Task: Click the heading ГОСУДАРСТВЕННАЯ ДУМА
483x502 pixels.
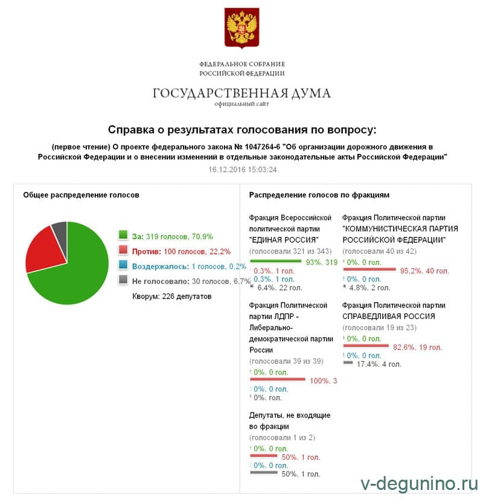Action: click(241, 93)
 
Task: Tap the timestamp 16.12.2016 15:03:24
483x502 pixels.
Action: click(242, 169)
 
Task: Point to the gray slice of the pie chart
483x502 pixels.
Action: click(60, 230)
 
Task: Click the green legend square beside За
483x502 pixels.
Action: click(123, 236)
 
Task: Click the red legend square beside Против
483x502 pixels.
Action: click(123, 251)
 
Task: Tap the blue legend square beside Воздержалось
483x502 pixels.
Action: click(123, 265)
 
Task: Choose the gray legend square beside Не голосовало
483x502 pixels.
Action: click(123, 280)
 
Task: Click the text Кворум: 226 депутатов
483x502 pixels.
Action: click(172, 296)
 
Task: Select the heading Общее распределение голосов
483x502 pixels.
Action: click(81, 195)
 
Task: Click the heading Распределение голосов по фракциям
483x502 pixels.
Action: click(319, 195)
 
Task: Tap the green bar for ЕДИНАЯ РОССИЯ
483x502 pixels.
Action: click(275, 261)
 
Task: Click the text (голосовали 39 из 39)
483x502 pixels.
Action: click(286, 361)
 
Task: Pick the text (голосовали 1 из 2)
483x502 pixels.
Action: click(282, 437)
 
